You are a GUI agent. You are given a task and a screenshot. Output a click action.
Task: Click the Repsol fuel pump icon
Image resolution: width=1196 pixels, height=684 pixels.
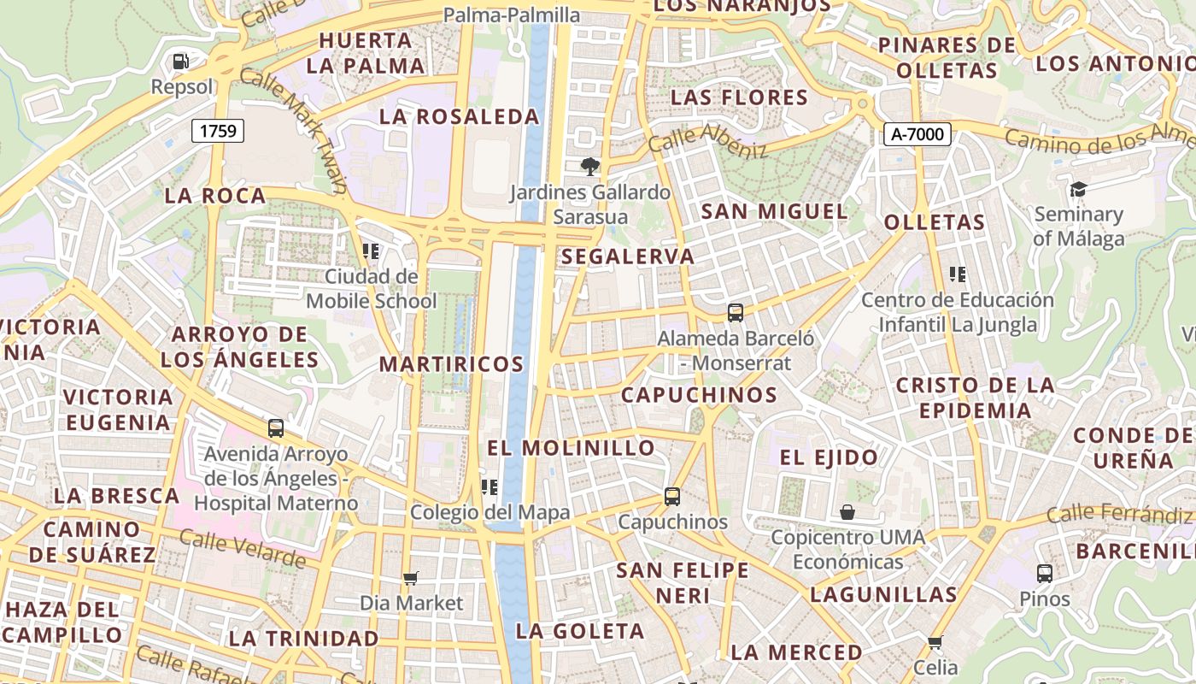180,62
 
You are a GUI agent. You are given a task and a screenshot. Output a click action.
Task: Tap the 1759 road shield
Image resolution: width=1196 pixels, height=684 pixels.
218,131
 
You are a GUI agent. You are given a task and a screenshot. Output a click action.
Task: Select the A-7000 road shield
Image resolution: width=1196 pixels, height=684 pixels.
918,133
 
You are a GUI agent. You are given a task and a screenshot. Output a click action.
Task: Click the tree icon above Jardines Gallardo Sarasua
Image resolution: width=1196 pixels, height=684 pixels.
589,166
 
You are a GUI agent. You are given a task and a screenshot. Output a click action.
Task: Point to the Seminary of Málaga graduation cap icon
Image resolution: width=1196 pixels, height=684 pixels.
1078,189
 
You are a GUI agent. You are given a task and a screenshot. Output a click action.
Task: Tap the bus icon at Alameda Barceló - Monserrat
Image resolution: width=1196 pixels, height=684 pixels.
736,313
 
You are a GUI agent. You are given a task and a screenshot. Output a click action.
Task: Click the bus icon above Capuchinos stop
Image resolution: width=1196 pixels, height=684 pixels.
672,497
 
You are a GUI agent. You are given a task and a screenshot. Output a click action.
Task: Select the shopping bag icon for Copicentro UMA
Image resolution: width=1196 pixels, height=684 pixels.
847,512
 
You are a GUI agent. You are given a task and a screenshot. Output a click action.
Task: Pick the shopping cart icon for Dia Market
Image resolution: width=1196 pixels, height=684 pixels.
411,579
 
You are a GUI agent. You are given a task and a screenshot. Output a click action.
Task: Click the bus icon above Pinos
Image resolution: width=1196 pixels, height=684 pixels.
1044,574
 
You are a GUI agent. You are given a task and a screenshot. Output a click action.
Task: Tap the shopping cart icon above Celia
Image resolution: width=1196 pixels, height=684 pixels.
935,642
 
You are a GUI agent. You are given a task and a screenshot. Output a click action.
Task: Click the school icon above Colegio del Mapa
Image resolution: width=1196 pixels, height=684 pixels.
490,487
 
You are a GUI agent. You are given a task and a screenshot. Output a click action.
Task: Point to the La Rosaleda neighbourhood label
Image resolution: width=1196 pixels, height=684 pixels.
459,116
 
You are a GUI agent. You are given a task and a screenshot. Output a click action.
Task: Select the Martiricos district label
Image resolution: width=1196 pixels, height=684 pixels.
451,364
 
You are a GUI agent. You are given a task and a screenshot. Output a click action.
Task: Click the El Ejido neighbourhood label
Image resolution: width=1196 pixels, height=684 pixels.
828,457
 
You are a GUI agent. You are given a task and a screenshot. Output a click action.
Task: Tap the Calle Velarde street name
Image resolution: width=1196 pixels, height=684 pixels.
243,547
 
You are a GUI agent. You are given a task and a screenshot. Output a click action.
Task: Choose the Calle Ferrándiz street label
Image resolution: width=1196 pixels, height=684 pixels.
1118,515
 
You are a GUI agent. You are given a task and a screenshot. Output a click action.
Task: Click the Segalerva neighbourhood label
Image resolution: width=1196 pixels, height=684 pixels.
628,256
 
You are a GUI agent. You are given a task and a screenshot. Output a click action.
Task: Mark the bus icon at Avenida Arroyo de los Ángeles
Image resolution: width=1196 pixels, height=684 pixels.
275,428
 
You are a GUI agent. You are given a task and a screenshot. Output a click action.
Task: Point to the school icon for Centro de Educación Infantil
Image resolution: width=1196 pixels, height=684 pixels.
958,274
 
